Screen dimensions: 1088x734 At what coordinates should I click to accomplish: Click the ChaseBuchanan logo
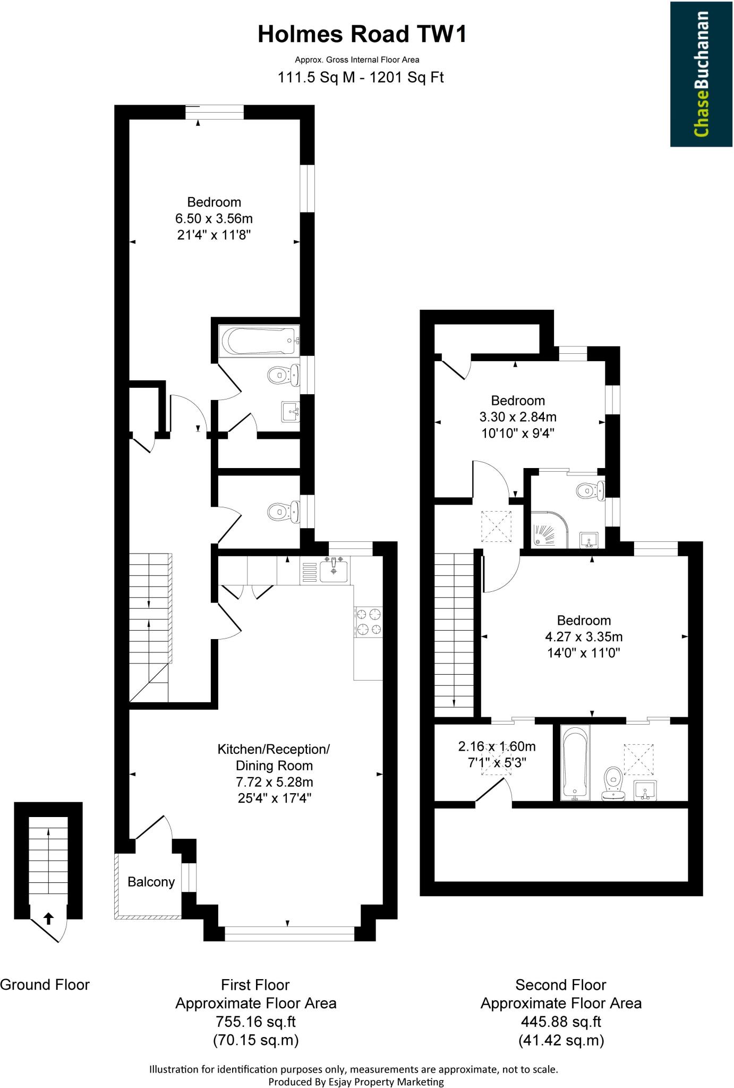tap(702, 74)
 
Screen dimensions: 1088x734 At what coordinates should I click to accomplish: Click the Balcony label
tap(151, 882)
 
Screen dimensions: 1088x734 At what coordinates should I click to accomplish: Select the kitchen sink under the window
tap(334, 569)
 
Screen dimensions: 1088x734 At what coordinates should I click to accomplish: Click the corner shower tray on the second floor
tap(550, 530)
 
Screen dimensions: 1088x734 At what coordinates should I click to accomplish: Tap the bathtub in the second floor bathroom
tap(575, 763)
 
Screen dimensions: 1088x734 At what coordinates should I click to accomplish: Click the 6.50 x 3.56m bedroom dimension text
tap(214, 218)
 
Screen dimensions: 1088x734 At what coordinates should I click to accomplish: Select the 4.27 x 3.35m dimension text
tap(584, 636)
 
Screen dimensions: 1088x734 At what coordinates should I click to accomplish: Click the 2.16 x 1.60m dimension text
tap(497, 746)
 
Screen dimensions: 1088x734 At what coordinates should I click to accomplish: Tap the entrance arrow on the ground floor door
tap(48, 918)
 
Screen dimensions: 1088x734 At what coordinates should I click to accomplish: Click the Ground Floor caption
tap(45, 984)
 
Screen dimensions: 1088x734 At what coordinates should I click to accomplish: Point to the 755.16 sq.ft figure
tap(255, 1021)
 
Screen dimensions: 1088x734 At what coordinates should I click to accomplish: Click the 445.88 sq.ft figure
tap(561, 1021)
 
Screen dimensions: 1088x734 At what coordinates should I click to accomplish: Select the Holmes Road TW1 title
tap(362, 35)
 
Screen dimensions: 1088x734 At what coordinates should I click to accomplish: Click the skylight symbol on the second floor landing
tap(497, 526)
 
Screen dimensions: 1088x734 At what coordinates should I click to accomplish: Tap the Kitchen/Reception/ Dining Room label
tap(274, 757)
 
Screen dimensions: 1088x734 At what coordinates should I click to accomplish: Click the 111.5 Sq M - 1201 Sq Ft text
tap(361, 78)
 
